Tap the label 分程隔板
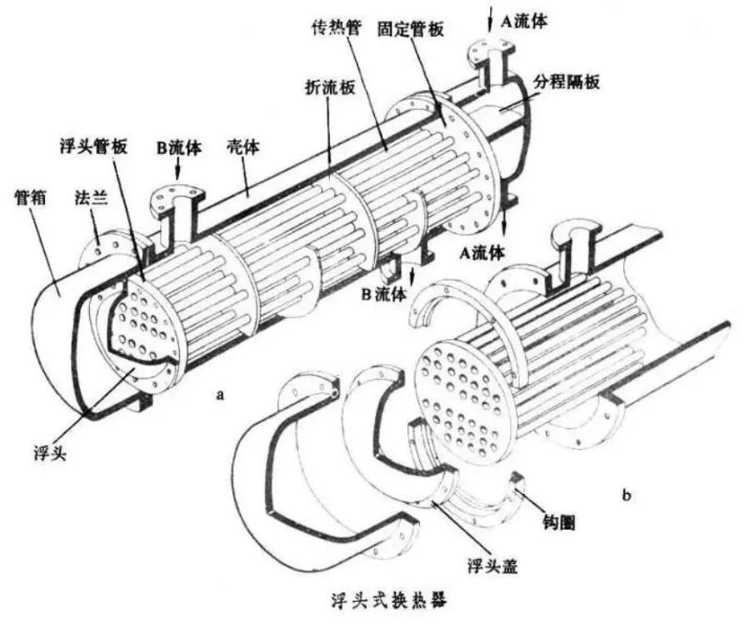tap(570, 82)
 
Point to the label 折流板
tap(322, 87)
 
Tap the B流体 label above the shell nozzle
tap(178, 150)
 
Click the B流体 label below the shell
tap(383, 293)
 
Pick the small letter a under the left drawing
tap(220, 394)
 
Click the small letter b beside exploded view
tap(626, 496)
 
